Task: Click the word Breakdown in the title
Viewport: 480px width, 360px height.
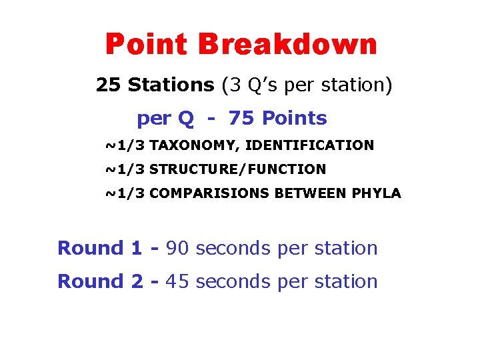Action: (288, 45)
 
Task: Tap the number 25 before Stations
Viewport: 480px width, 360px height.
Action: (109, 85)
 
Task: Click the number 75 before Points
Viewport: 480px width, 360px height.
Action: (241, 118)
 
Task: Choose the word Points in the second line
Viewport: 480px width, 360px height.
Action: (295, 118)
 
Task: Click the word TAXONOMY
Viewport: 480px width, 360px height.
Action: (191, 145)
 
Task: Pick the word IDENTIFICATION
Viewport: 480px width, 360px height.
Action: (311, 145)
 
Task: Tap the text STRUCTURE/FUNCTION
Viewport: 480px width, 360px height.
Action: (237, 169)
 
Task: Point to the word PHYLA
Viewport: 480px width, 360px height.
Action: (381, 193)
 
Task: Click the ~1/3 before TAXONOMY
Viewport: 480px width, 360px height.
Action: (125, 145)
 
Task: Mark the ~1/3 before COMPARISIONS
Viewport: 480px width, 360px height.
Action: (125, 193)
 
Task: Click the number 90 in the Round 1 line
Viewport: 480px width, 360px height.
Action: (177, 248)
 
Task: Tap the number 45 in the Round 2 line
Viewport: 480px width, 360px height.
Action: (177, 281)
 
